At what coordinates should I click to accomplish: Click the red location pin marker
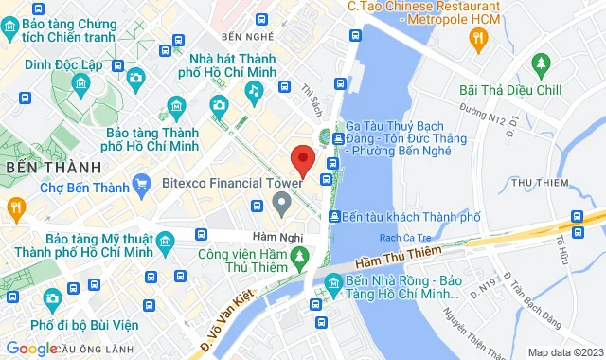[x=302, y=159]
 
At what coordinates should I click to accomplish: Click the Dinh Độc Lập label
[x=63, y=64]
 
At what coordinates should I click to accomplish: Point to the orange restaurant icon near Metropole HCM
[x=477, y=37]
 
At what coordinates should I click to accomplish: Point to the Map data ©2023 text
[x=565, y=352]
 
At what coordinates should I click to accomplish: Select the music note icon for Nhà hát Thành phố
[x=253, y=90]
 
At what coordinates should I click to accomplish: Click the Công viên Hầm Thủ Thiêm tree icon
[x=300, y=256]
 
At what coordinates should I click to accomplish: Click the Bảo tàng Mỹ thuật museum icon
[x=167, y=243]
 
